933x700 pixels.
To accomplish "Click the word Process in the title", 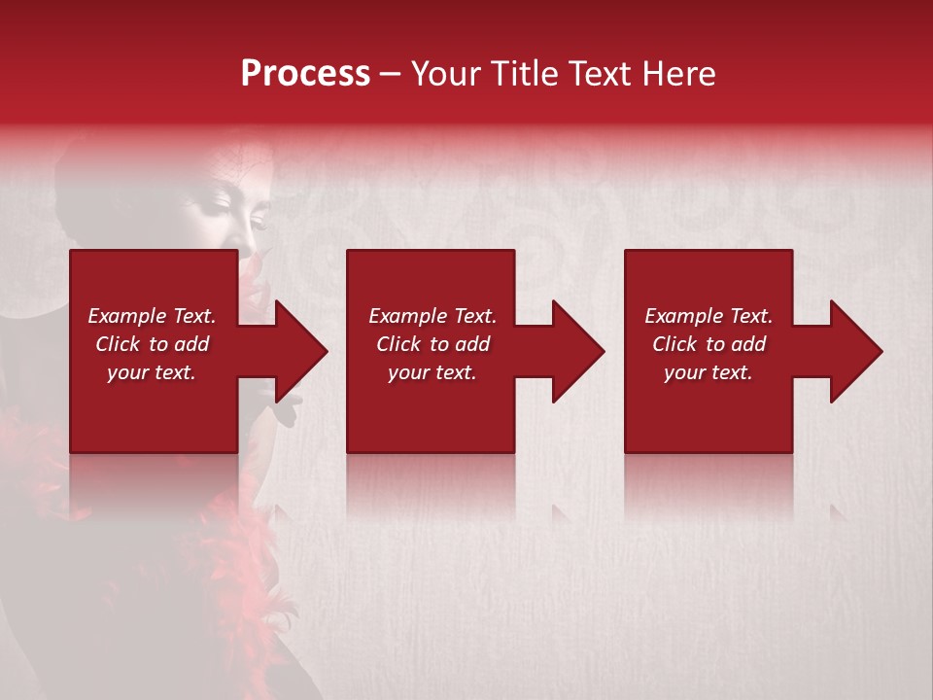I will coord(305,74).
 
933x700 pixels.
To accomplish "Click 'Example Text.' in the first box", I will coord(152,316).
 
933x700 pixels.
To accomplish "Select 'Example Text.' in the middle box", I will coord(432,316).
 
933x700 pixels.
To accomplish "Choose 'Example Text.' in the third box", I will coord(708,316).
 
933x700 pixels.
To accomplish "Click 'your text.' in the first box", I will coord(152,372).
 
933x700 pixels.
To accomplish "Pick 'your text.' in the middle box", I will coord(432,372).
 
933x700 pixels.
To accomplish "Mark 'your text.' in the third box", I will coord(708,372).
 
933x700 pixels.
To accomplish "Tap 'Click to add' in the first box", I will coord(152,344).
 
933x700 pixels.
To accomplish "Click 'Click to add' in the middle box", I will coord(432,344).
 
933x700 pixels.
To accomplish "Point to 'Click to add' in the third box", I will coord(708,344).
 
